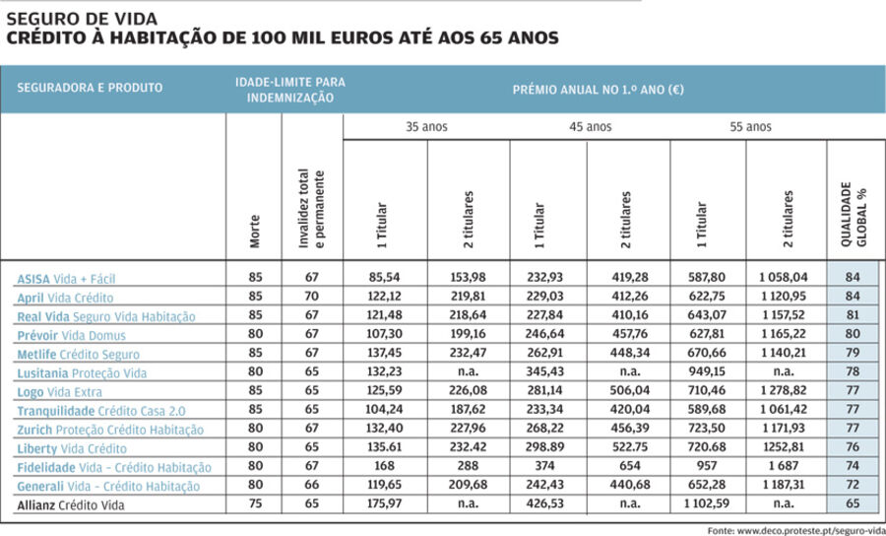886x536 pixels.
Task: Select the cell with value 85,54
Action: pos(385,279)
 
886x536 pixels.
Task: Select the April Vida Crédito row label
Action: pos(65,298)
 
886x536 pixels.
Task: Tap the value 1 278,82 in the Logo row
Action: pos(785,391)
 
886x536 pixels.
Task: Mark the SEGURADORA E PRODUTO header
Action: pos(90,88)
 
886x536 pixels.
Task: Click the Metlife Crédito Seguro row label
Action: pos(78,354)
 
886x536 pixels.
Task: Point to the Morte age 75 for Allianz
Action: pos(255,504)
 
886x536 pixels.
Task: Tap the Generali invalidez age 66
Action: pos(312,486)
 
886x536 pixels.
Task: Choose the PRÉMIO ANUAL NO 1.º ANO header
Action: pos(599,88)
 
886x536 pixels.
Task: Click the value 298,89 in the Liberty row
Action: pos(548,448)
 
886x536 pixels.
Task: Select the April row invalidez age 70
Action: pos(312,298)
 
